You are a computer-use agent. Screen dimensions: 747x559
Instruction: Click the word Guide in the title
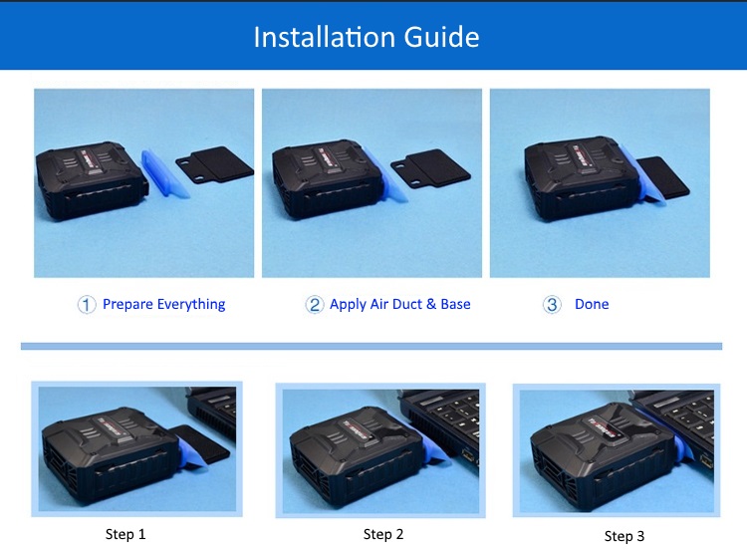coord(441,37)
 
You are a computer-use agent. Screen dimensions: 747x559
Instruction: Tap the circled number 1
coord(87,305)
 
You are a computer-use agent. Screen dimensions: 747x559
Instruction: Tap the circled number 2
coord(315,305)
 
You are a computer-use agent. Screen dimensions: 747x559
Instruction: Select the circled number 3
coord(552,305)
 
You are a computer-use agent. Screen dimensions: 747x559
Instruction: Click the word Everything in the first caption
coord(191,305)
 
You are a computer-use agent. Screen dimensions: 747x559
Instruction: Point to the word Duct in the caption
coord(405,304)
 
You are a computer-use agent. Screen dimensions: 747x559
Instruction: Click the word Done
coord(592,304)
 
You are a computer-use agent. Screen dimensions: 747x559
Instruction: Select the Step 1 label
coord(125,534)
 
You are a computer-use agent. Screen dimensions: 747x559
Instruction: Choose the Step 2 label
coord(383,534)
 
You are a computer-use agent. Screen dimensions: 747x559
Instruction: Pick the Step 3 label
coord(624,536)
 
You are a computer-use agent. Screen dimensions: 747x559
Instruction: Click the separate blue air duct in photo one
coord(164,172)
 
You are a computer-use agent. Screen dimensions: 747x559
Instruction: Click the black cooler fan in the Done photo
coord(577,178)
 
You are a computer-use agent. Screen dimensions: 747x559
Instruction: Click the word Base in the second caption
coord(455,304)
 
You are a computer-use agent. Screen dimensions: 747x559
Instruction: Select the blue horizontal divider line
coord(372,346)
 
